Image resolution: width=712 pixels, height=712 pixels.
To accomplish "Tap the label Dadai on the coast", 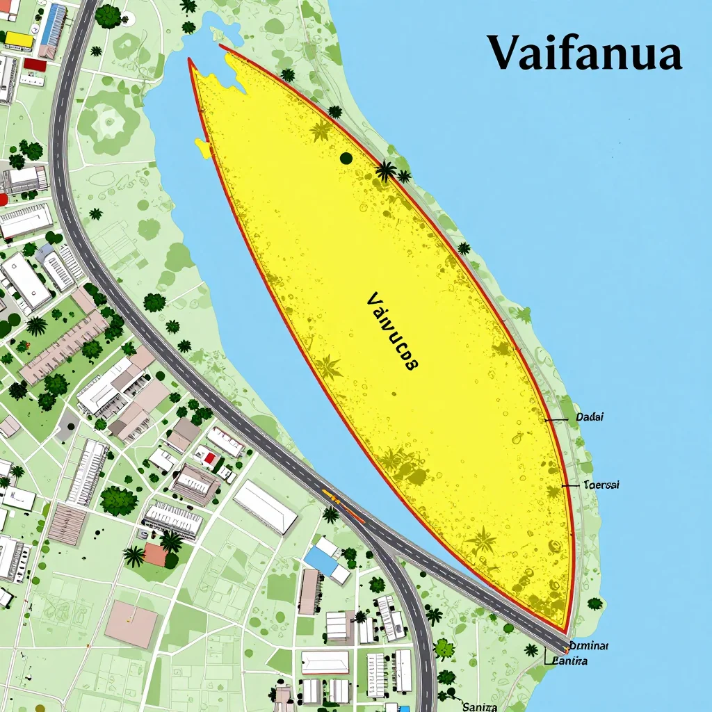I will point(590,417).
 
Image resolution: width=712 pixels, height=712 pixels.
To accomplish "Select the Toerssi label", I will point(601,484).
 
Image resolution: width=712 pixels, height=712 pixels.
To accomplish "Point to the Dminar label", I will point(589,645).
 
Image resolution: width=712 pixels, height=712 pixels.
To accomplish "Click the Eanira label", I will point(568,661).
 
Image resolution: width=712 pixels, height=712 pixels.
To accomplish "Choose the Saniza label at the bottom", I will point(480,706).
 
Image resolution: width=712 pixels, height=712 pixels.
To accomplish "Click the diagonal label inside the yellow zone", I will point(391,331).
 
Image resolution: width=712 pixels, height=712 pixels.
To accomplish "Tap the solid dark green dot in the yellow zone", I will point(346,158).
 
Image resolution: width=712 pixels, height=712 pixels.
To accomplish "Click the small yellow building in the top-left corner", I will point(19,40).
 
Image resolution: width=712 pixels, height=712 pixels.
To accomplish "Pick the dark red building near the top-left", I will point(35,65).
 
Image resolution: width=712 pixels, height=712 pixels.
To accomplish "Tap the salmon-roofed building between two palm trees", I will point(155,554).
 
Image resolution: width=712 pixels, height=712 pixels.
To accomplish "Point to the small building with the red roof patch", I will point(206,457).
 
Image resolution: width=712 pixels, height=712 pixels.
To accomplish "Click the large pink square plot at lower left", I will point(131,624).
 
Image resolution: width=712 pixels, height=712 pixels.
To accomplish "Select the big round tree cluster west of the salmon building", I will point(118,500).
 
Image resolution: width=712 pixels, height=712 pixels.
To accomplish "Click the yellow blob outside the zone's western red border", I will point(203,148).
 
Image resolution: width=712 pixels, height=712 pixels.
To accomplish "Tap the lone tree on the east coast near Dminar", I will point(594,604).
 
